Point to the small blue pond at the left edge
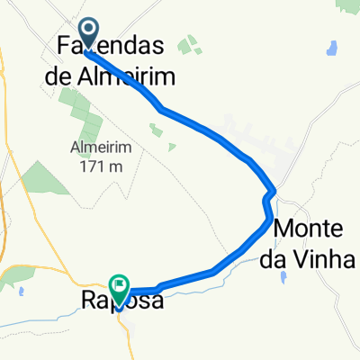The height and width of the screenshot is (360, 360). pyautogui.click(x=17, y=290)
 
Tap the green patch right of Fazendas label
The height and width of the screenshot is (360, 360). pyautogui.click(x=190, y=44)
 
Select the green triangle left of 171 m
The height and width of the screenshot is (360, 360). pyautogui.click(x=40, y=176)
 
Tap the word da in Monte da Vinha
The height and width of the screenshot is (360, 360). pyautogui.click(x=288, y=258)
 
